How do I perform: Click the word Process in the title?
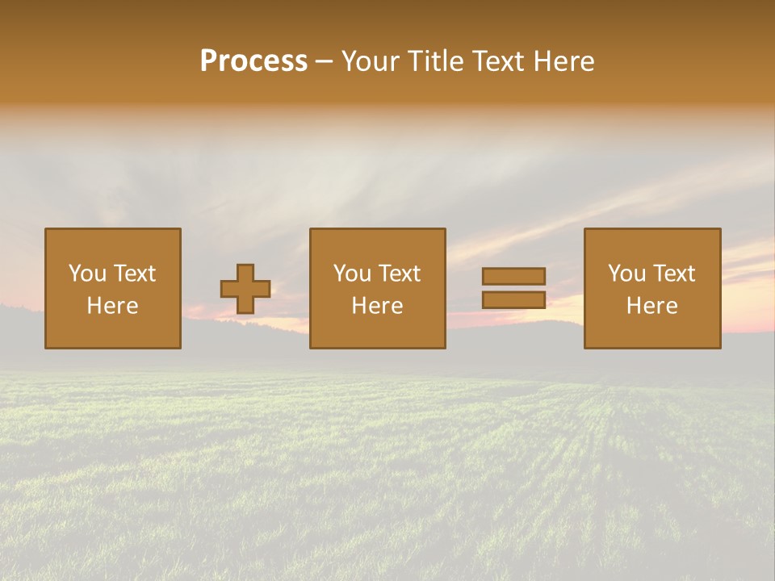253,61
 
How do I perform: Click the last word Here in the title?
564,61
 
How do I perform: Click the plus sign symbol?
245,289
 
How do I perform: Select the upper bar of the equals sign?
513,276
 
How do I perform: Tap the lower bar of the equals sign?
513,300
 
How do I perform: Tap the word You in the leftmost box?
86,274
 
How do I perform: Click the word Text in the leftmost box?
133,274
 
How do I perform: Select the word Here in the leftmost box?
112,306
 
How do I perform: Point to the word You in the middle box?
351,274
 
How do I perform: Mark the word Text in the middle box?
399,274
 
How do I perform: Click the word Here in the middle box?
377,306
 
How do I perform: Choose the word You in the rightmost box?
626,274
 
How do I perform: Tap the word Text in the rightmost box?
673,274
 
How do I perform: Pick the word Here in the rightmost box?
651,306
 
